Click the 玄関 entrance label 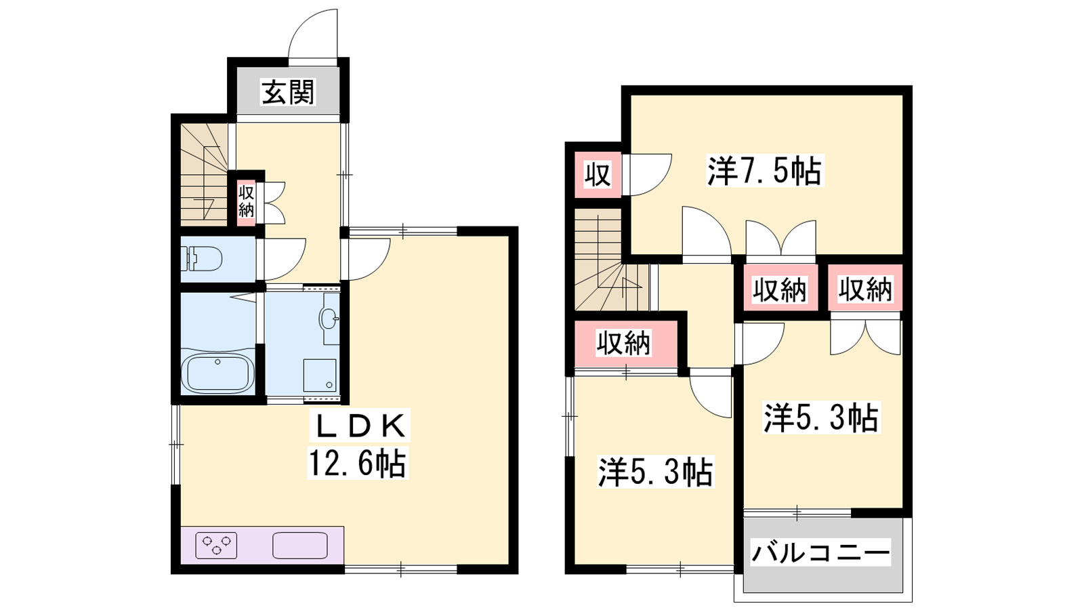(289, 92)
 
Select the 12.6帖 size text (358, 464)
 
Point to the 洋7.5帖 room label (765, 170)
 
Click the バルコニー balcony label (820, 552)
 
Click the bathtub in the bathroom (217, 373)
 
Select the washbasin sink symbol (329, 318)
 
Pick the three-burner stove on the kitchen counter (216, 545)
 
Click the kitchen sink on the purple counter (300, 545)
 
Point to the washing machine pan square (320, 375)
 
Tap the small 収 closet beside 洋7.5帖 (598, 174)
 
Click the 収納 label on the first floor (247, 201)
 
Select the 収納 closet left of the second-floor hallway (626, 343)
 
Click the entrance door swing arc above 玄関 (312, 33)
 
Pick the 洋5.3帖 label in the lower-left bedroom (655, 472)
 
